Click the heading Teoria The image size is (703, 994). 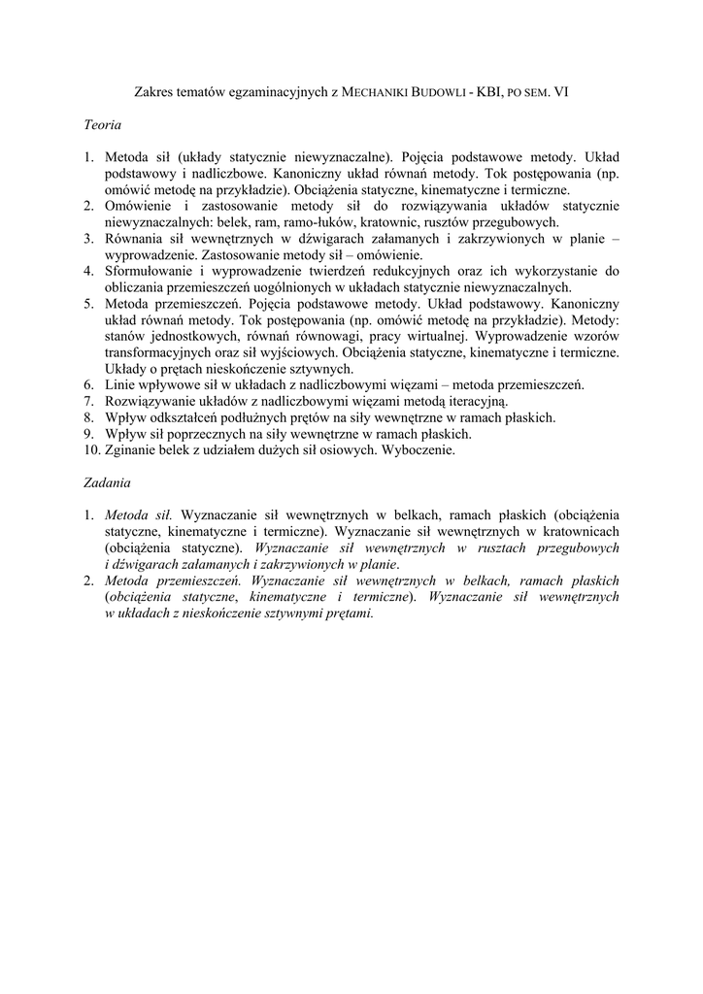point(102,124)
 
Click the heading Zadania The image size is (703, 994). point(107,482)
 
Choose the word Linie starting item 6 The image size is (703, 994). point(122,385)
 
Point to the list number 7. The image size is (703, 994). point(87,401)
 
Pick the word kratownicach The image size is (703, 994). point(580,531)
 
